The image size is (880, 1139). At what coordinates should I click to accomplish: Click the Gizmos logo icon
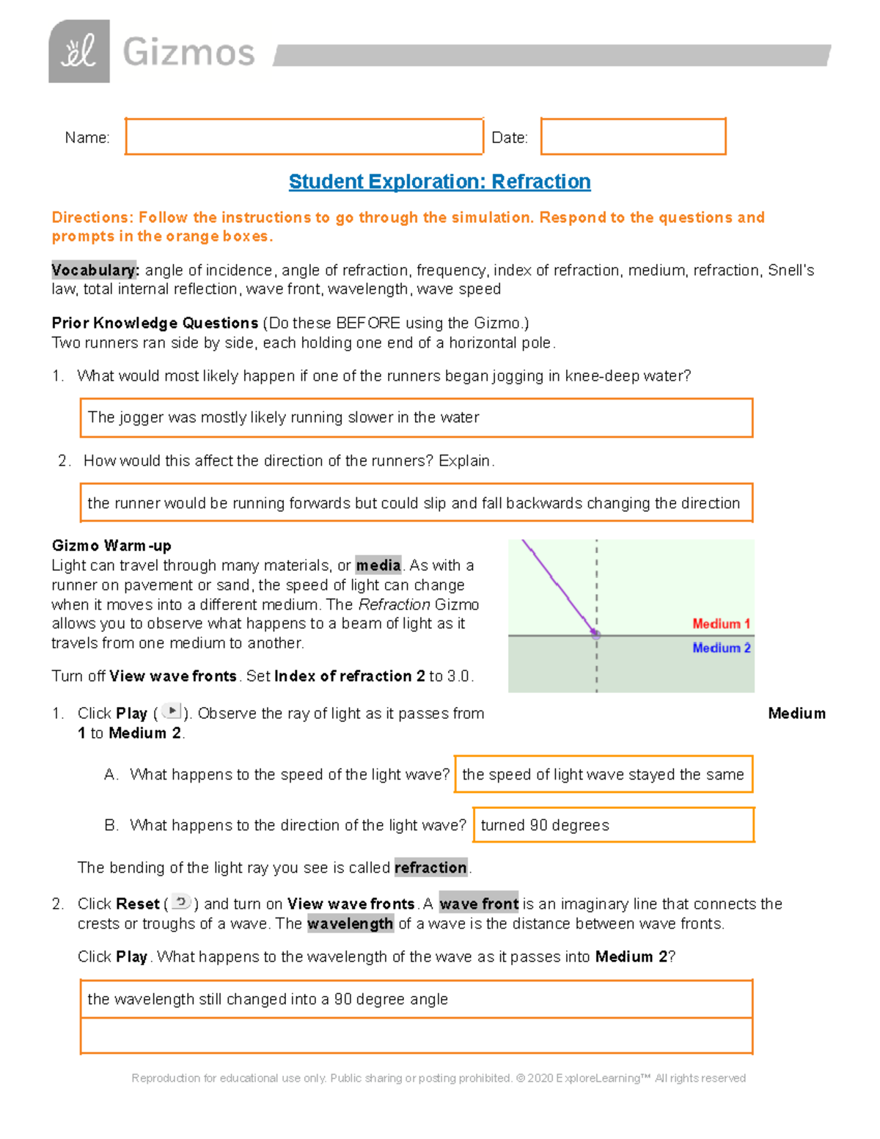[x=79, y=51]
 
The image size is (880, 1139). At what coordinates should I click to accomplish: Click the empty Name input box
[x=304, y=136]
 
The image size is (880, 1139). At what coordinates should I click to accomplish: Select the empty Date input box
[x=633, y=136]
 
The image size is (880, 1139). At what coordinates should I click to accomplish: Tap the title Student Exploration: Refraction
[x=439, y=181]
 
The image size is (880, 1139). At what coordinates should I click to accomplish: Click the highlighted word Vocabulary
[x=95, y=270]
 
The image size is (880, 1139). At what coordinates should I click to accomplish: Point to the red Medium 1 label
[x=721, y=623]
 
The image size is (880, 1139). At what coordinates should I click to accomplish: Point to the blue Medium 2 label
[x=721, y=648]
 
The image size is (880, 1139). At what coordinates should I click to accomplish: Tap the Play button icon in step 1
[x=172, y=711]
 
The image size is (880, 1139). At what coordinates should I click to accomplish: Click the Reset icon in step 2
[x=181, y=901]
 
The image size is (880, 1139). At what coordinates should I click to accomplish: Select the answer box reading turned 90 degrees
[x=613, y=825]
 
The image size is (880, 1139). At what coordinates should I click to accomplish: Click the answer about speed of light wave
[x=603, y=774]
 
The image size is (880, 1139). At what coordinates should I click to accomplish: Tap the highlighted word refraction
[x=430, y=868]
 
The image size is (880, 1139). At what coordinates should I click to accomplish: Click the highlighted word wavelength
[x=350, y=923]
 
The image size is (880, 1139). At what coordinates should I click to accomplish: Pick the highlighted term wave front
[x=479, y=904]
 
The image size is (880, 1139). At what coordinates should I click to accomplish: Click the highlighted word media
[x=378, y=565]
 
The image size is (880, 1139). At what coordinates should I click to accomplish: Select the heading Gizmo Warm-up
[x=111, y=546]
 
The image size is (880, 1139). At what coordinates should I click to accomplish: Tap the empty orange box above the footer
[x=416, y=1036]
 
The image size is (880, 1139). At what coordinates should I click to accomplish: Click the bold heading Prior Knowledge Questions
[x=155, y=323]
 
